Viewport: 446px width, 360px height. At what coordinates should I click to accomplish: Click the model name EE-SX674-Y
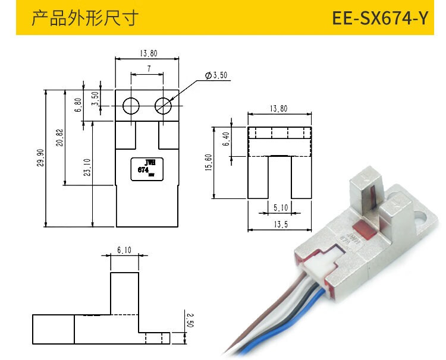click(x=380, y=18)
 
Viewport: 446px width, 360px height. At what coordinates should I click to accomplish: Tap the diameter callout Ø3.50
click(x=216, y=75)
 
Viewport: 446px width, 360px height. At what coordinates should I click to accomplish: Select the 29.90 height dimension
click(x=40, y=159)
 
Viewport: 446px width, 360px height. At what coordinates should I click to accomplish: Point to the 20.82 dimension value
click(x=59, y=138)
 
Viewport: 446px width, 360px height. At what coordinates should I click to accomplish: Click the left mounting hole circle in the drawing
click(x=131, y=106)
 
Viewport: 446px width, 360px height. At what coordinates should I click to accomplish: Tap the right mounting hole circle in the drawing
click(x=162, y=106)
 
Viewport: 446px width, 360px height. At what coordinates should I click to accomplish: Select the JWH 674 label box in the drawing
click(x=145, y=168)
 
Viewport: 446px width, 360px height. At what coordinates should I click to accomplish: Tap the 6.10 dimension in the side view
click(x=124, y=251)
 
